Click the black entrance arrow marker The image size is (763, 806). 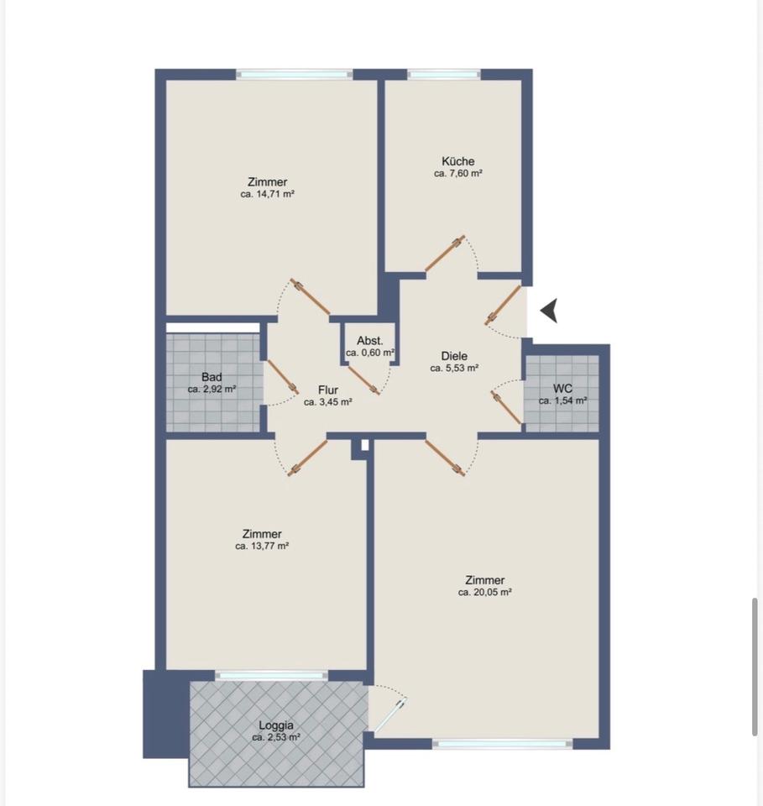point(549,311)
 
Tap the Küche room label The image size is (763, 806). point(457,161)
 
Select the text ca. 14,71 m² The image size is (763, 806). point(267,194)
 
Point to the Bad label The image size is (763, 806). point(212,377)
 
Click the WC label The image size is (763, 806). point(562,388)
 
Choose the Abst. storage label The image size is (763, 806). point(370,340)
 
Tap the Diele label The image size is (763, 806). point(454,356)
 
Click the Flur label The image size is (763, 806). point(328,390)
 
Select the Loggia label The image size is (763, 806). point(276,725)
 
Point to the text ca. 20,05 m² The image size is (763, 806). point(484,592)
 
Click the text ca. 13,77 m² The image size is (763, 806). point(262,546)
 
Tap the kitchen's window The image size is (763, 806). point(444,75)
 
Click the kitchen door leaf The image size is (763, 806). point(445,254)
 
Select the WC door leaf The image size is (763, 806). point(507,408)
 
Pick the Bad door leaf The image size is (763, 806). point(282,377)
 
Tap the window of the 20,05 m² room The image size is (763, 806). point(503,743)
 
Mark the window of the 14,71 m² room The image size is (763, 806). point(295,75)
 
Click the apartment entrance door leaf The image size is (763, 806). point(504,305)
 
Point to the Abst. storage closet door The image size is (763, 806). point(363,379)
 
